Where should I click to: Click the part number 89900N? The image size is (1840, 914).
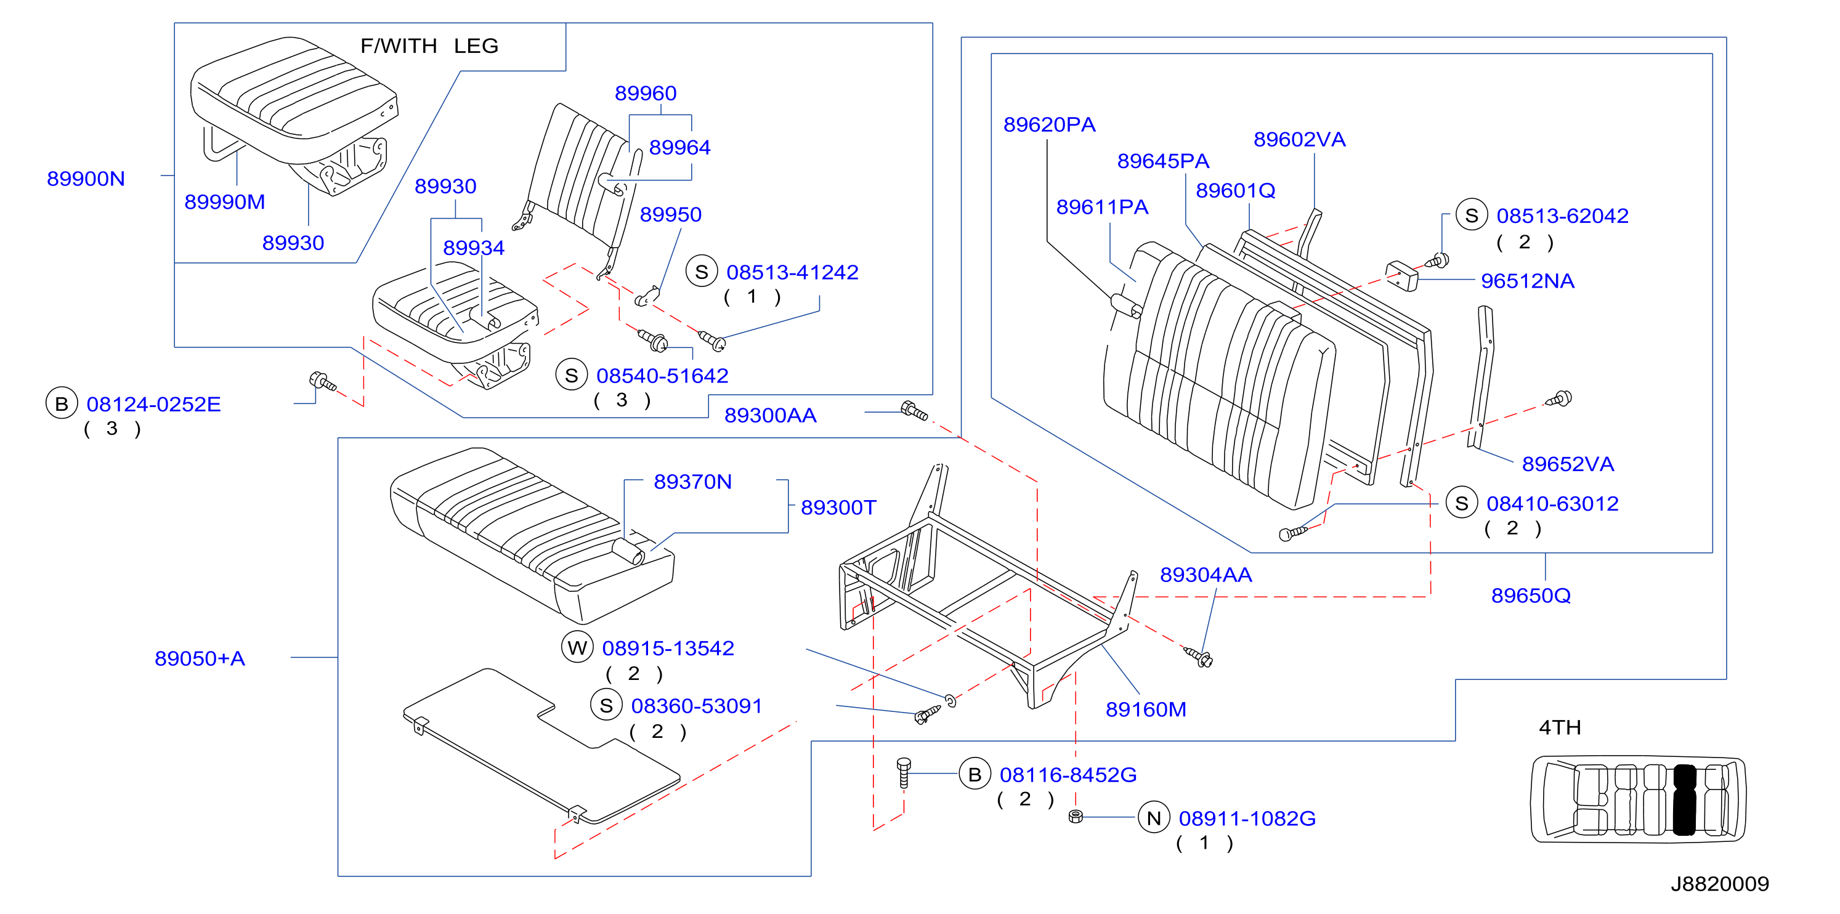coord(86,179)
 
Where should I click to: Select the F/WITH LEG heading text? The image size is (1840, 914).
coord(429,46)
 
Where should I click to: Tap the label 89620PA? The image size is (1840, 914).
coord(1049,125)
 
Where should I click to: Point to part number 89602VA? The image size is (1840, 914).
coord(1299,139)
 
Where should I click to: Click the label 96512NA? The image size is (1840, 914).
coord(1527,281)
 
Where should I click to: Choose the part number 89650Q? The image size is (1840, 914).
coord(1531,596)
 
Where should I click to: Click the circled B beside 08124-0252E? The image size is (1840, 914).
coord(62,403)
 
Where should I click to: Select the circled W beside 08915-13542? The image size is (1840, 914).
coord(577,648)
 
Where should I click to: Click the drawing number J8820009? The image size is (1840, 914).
coord(1719,884)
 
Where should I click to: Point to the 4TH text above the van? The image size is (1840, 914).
coord(1559,727)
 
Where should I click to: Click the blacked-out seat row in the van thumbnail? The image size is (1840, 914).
coord(1684,799)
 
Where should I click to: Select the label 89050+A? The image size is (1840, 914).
coord(200,658)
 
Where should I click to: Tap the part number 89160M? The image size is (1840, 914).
coord(1146,710)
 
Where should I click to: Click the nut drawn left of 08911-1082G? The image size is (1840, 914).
coord(1076,816)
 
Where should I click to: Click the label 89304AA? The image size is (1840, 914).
coord(1206,575)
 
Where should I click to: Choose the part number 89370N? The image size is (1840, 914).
coord(693,482)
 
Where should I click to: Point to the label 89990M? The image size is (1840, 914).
coord(224,202)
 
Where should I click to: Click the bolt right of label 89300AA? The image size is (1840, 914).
coord(914,411)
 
